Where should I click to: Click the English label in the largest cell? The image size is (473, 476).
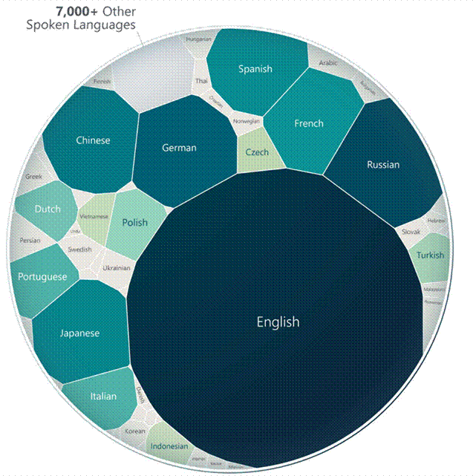tap(278, 322)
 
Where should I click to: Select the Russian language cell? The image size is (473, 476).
tap(383, 164)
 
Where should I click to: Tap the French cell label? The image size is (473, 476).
tap(309, 123)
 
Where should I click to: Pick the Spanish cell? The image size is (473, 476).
tap(255, 69)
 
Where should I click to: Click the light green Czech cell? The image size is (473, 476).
tap(257, 152)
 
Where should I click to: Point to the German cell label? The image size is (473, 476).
tap(179, 148)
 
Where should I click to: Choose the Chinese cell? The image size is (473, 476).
tap(93, 140)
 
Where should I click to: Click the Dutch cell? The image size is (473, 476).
tap(48, 209)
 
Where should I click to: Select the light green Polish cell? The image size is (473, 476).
tap(134, 222)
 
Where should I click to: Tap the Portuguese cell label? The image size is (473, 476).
tap(44, 277)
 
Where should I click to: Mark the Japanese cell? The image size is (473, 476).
tap(79, 333)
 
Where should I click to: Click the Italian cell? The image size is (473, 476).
tap(103, 396)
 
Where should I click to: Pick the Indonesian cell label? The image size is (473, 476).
tap(169, 446)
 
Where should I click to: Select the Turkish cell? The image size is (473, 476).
tap(430, 255)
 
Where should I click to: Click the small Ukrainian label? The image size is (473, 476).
tap(116, 267)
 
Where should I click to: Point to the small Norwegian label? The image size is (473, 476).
tap(247, 120)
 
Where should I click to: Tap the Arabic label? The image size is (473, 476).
tap(328, 64)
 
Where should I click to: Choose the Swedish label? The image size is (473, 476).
tap(79, 250)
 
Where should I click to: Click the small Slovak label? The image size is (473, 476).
tap(411, 232)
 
